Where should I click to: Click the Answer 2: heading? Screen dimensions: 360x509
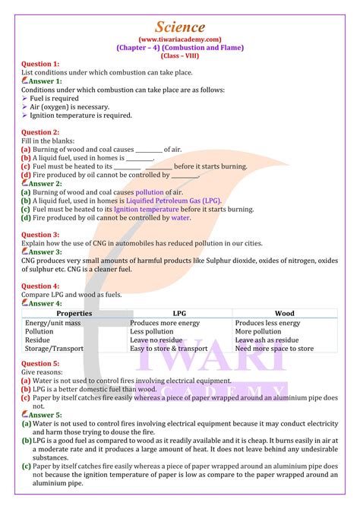point(46,183)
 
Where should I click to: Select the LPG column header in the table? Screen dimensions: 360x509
point(180,313)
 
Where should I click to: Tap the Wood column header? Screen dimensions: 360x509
point(284,313)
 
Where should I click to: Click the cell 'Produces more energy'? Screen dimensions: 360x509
point(165,323)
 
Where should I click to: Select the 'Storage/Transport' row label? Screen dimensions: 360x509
point(54,349)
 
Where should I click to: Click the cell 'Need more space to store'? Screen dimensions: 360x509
point(274,349)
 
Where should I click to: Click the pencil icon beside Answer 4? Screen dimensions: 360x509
point(25,302)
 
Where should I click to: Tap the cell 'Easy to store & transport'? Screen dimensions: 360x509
point(169,349)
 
